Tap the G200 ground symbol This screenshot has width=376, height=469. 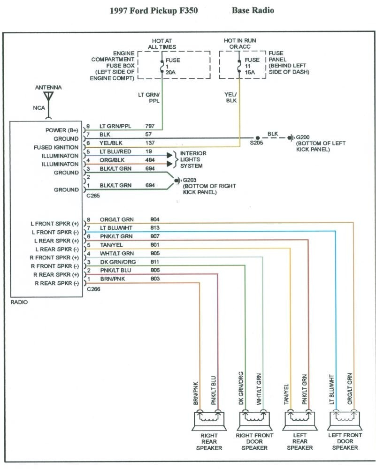coord(291,137)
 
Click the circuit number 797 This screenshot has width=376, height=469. coord(150,127)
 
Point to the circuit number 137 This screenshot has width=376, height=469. coord(150,143)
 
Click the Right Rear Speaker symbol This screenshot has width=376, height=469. coord(209,419)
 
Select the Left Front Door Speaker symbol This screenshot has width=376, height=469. coord(345,419)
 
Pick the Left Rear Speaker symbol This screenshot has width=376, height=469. coord(299,419)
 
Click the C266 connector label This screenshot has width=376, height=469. coord(93,289)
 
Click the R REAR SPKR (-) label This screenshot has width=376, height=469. coord(56,283)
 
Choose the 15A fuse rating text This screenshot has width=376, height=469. coord(251,73)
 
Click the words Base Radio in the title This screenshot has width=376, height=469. coord(253,10)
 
